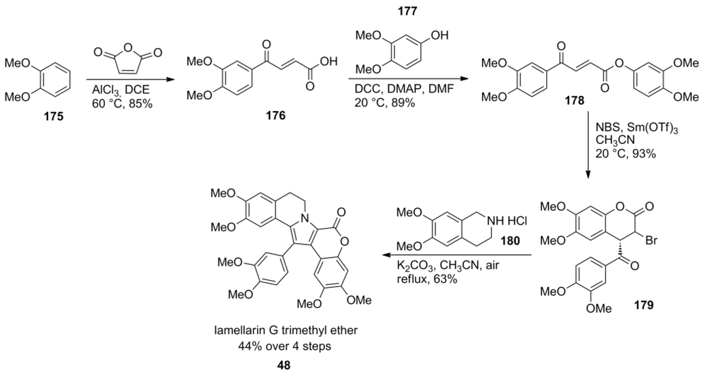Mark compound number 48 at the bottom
[284, 366]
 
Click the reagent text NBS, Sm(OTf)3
[627, 128]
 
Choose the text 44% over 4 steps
[284, 347]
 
